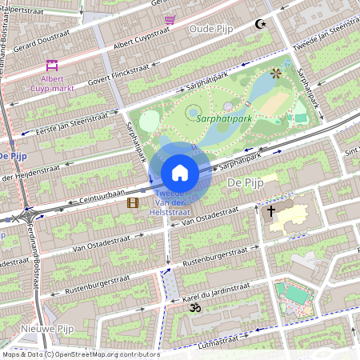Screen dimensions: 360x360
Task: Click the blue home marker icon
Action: [180, 173]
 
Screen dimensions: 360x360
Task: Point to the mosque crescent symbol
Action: [258, 24]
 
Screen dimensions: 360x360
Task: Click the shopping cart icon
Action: [169, 19]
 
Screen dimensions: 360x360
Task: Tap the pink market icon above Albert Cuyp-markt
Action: [52, 66]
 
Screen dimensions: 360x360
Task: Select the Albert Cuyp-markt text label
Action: [53, 84]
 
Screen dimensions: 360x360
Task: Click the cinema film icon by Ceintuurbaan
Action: [132, 203]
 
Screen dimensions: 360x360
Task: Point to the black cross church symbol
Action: [271, 211]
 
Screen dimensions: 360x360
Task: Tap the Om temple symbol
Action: [192, 306]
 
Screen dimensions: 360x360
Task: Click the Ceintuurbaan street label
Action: [92, 197]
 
